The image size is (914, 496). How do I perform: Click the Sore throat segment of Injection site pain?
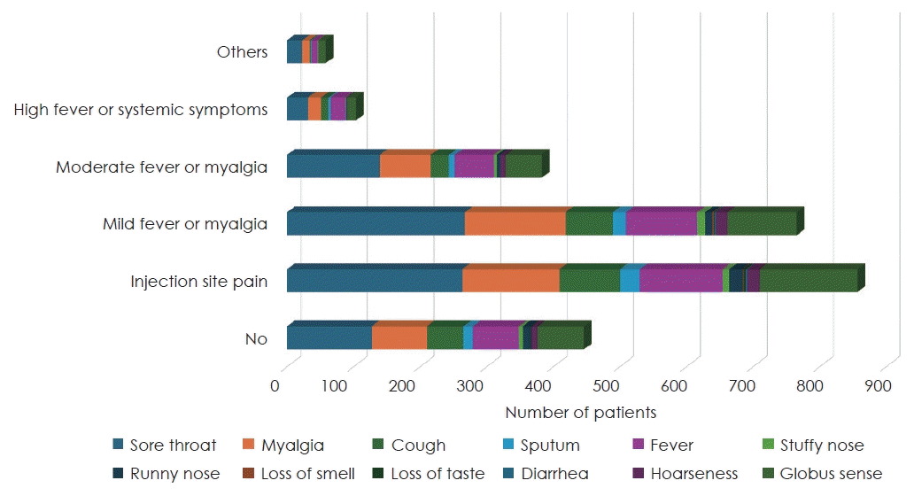(x=374, y=280)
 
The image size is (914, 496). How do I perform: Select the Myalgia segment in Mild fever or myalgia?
(x=515, y=223)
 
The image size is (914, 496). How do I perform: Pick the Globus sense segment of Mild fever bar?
(x=762, y=223)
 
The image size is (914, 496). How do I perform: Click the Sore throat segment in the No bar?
(x=329, y=337)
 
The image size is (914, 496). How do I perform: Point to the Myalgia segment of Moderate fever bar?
(x=405, y=167)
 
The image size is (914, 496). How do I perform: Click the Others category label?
(x=242, y=52)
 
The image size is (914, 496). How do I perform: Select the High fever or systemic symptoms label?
(x=141, y=110)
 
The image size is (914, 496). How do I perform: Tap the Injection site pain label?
(x=198, y=282)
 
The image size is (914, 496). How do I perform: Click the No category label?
(x=256, y=339)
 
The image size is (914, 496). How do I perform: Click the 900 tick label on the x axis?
(x=877, y=386)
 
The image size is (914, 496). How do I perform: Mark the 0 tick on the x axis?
(x=275, y=386)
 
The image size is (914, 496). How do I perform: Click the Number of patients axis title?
(x=580, y=412)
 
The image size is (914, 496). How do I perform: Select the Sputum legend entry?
(x=549, y=446)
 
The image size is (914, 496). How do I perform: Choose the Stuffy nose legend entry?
(x=821, y=446)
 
